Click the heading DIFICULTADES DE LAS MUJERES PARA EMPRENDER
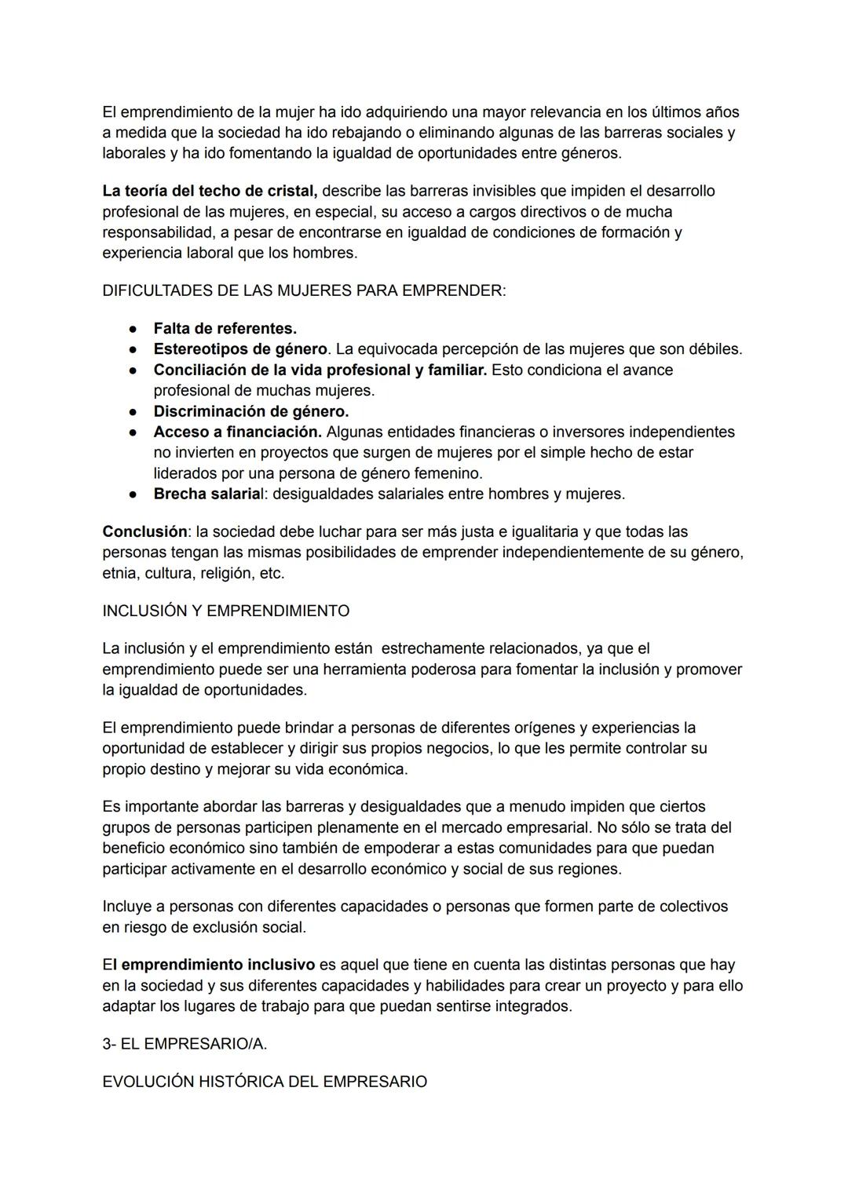coord(304,290)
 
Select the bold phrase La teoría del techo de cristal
coord(210,191)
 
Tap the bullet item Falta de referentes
coord(225,328)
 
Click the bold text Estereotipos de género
coord(240,349)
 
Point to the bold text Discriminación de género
coord(251,411)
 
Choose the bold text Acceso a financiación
coord(237,432)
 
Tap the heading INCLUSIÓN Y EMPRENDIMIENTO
coord(225,611)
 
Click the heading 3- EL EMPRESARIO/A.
coord(184,1044)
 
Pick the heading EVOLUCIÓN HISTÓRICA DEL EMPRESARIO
coord(265,1082)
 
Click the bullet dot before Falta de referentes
coord(134,329)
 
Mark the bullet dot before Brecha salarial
coord(134,494)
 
